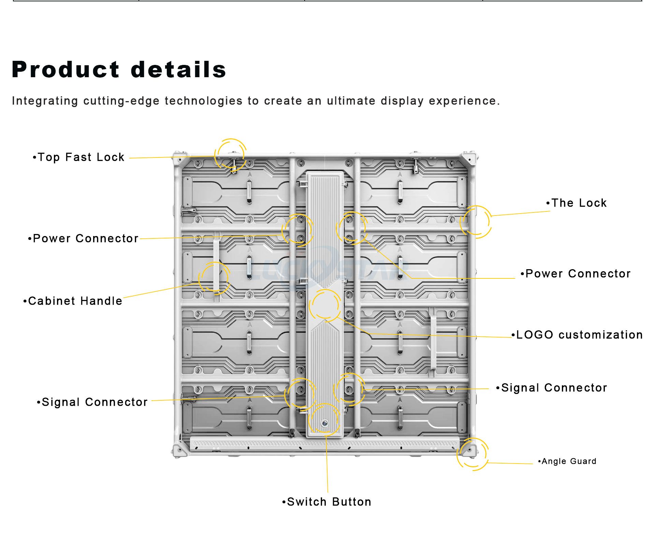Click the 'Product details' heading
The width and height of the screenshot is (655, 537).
pyautogui.click(x=119, y=70)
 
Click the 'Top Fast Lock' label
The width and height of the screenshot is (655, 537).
pyautogui.click(x=81, y=157)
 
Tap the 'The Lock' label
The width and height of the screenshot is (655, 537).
pyautogui.click(x=579, y=203)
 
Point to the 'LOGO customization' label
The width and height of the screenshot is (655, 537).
pyautogui.click(x=579, y=335)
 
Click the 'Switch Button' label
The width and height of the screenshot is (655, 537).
pyautogui.click(x=329, y=502)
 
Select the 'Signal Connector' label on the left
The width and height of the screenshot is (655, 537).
pyautogui.click(x=94, y=402)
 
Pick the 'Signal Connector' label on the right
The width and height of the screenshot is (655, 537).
pyautogui.click(x=554, y=388)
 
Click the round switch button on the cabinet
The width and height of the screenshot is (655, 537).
pyautogui.click(x=324, y=424)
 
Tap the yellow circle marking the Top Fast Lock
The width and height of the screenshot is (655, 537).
pyautogui.click(x=231, y=155)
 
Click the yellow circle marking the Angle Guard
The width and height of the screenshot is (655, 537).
pyautogui.click(x=472, y=454)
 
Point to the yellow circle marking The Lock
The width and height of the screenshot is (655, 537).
pyautogui.click(x=476, y=222)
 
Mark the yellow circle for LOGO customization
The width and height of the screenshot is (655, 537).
pyautogui.click(x=325, y=305)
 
